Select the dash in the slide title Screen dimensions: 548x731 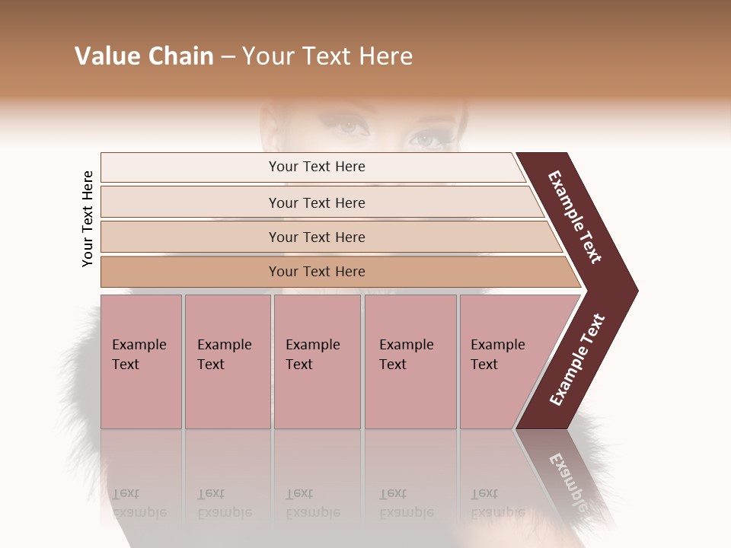(228, 57)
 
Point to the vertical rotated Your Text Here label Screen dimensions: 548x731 (88, 218)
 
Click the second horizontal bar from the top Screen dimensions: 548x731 (317, 202)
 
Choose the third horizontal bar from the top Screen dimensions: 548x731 (317, 237)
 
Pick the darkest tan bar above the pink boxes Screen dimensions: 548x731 (317, 272)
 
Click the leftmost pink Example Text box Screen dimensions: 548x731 (141, 361)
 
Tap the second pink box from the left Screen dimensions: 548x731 (227, 361)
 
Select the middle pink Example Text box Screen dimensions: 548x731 (317, 361)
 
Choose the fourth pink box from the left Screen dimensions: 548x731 (410, 361)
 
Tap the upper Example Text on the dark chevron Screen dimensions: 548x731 (575, 217)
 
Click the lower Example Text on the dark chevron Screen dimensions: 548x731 (576, 360)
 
